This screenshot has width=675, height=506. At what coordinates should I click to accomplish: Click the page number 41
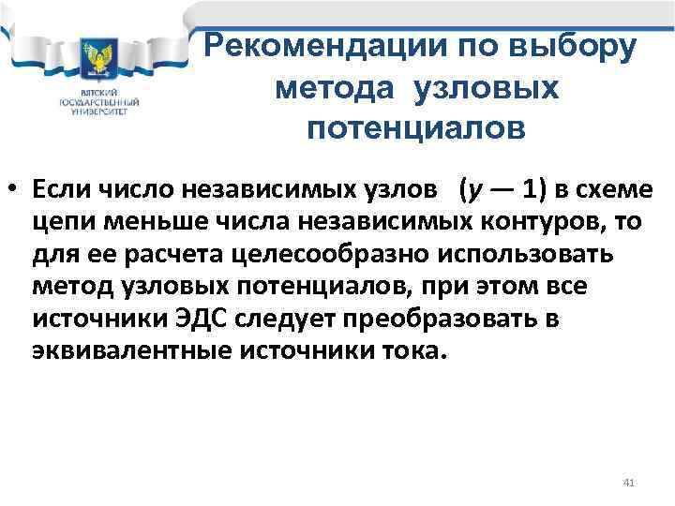tap(629, 483)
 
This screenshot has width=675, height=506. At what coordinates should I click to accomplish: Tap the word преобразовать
tap(441, 320)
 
